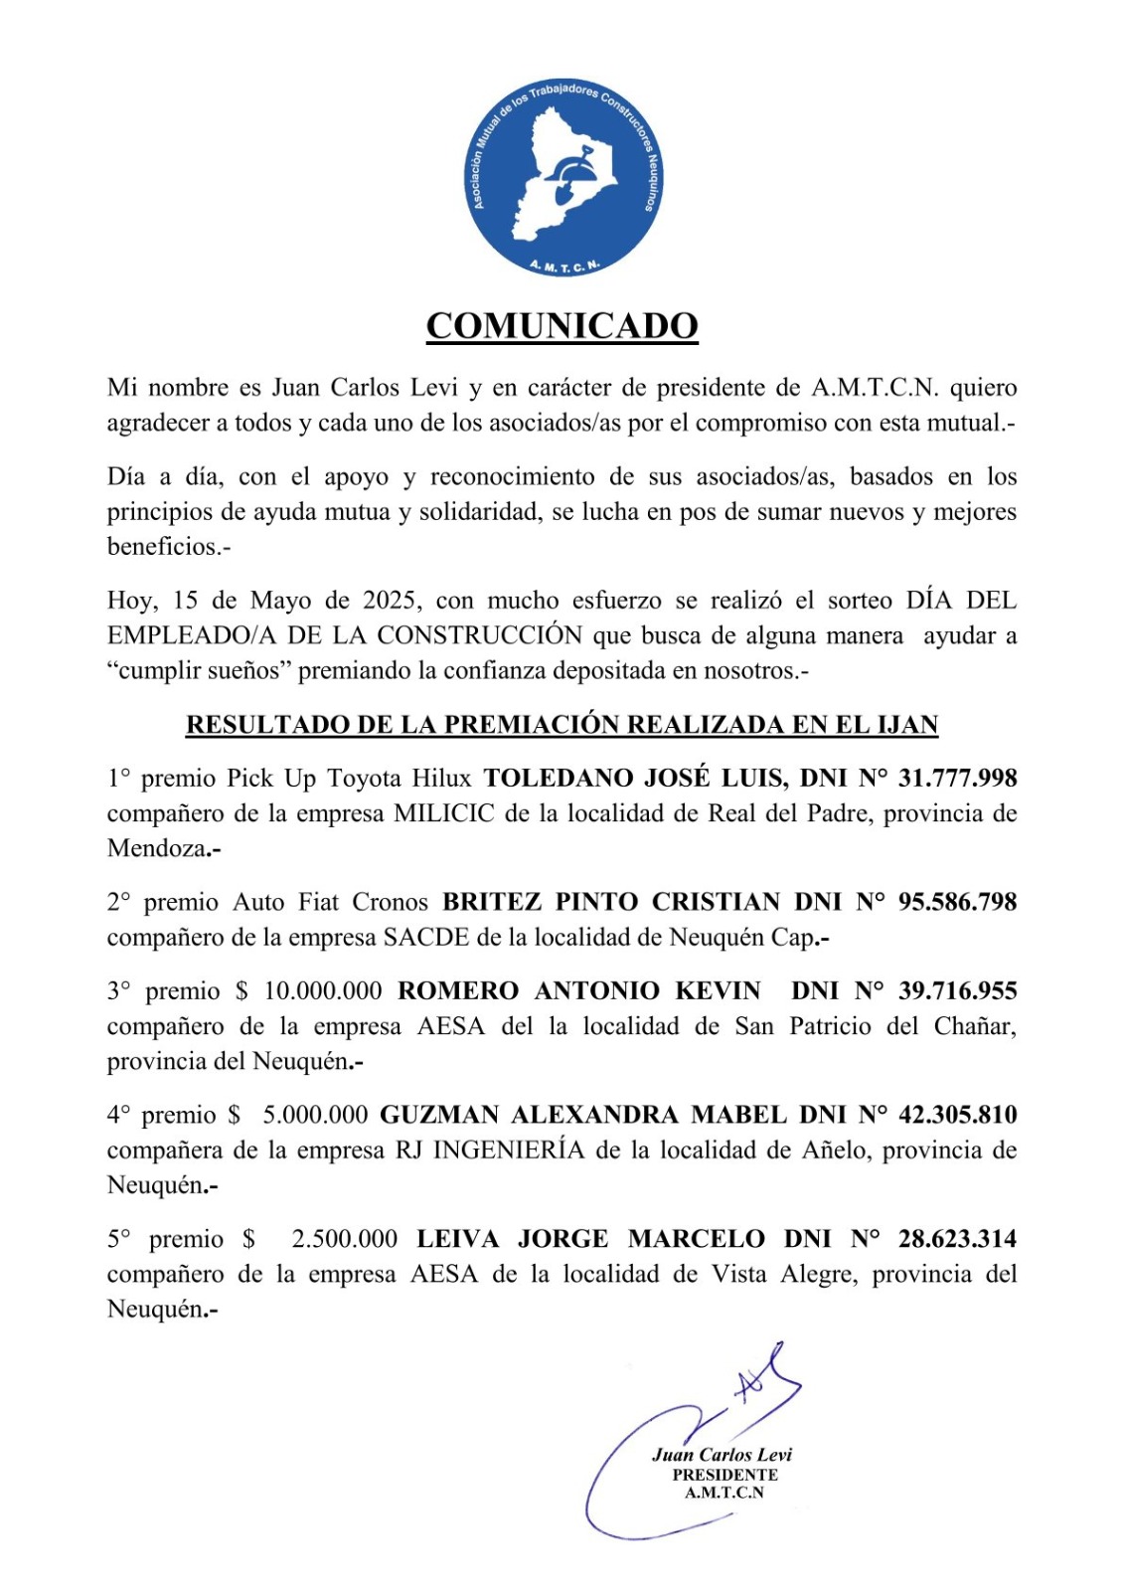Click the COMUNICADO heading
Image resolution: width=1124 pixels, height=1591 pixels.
562,326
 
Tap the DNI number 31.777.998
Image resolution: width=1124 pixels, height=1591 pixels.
957,778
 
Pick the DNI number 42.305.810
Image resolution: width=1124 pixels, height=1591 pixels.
957,1115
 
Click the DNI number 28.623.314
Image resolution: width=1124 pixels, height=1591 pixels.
957,1239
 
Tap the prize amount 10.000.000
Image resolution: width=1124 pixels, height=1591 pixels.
322,991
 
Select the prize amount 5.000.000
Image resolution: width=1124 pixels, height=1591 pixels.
315,1116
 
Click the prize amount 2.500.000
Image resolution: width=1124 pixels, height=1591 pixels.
344,1240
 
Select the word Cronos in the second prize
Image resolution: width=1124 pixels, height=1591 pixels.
390,903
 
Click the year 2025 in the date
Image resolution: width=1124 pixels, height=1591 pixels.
389,601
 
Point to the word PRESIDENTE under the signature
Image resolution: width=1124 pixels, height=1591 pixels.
724,1475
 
